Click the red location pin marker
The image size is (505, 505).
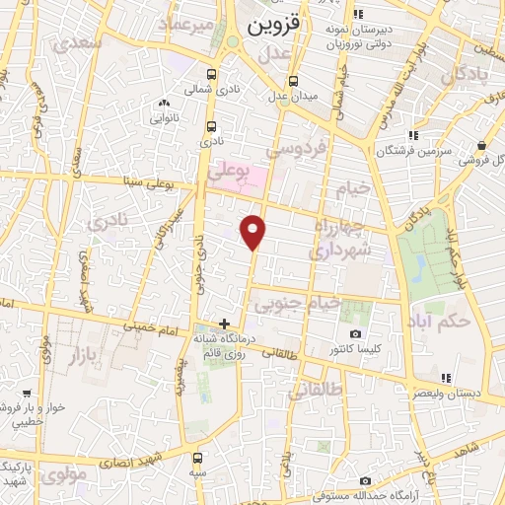point(254,231)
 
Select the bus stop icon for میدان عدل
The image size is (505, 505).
point(292,81)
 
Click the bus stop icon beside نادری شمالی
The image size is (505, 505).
point(212,73)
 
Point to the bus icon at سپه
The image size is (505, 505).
point(199,459)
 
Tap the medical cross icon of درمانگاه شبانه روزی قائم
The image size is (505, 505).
point(225,323)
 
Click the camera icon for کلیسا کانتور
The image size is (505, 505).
point(355,334)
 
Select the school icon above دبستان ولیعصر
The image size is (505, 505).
point(446,378)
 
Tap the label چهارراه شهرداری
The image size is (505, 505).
point(339,243)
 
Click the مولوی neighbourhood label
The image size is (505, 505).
point(67,473)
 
